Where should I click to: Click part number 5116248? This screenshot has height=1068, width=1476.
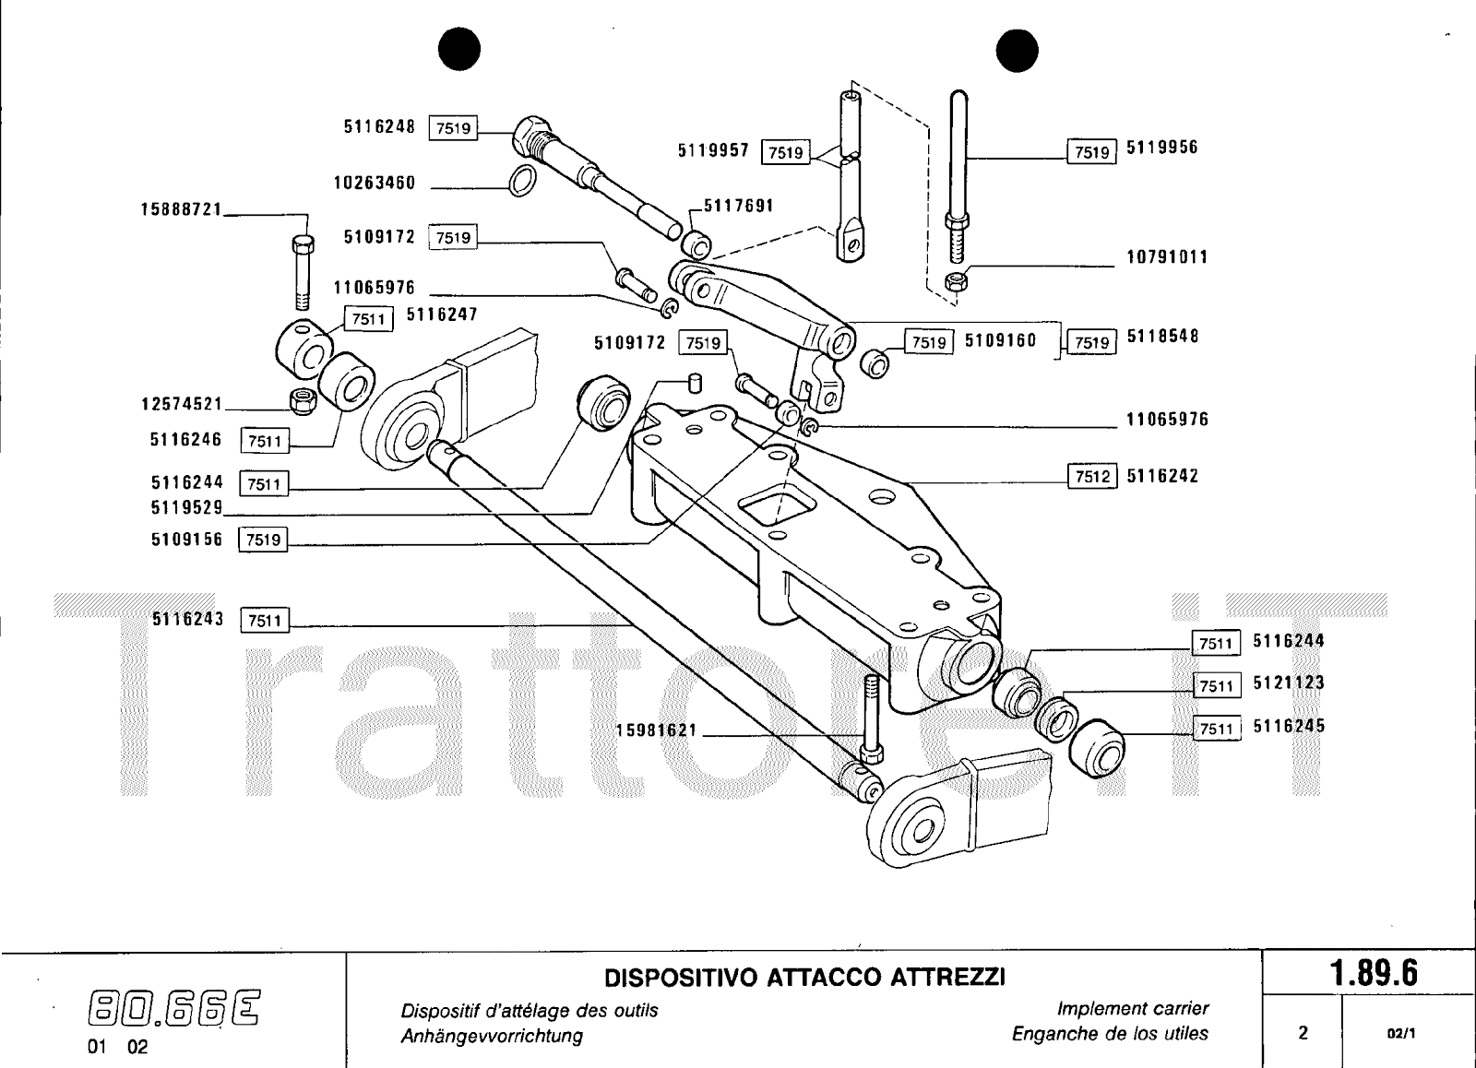pos(380,127)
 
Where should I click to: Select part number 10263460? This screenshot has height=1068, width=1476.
pos(375,183)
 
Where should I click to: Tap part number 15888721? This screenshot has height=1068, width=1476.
pos(181,209)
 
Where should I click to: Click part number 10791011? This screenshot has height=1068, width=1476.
pos(1167,257)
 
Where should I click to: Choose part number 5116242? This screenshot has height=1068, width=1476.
pos(1162,477)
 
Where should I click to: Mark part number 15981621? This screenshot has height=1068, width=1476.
pos(658,731)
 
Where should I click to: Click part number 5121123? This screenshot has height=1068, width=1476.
pos(1289,683)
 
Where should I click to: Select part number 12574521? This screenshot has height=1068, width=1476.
pos(182,404)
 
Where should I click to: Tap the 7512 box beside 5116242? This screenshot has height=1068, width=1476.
pos(1092,477)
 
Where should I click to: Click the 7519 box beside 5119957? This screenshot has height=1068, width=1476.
pos(785,151)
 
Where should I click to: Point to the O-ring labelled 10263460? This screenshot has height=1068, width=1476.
pos(522,182)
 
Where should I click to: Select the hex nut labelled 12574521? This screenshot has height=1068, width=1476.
pos(302,399)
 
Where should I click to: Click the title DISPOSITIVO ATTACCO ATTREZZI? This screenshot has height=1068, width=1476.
pos(803,976)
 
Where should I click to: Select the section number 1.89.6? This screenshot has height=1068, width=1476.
pos(1373,974)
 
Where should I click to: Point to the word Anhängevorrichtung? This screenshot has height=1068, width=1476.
pos(492,1036)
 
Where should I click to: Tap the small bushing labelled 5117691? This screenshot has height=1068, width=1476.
pos(697,243)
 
